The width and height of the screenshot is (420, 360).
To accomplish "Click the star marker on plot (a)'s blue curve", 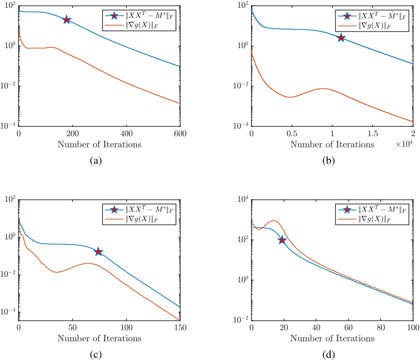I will pyautogui.click(x=66, y=20).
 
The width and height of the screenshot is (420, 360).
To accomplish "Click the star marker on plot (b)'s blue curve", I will pyautogui.click(x=341, y=37).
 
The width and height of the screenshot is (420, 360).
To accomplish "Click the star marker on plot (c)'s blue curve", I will pyautogui.click(x=98, y=252).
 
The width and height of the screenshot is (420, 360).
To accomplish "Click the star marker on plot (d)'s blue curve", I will pyautogui.click(x=282, y=240).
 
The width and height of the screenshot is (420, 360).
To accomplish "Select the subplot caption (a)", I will pyautogui.click(x=96, y=161).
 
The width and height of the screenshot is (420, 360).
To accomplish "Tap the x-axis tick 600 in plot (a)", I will pyautogui.click(x=180, y=134).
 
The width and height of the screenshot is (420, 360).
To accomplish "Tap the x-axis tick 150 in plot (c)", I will pyautogui.click(x=180, y=328).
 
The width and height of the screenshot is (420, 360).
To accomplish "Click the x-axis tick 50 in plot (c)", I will pyautogui.click(x=72, y=328).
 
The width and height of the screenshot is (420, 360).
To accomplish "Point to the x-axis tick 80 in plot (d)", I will pyautogui.click(x=380, y=328).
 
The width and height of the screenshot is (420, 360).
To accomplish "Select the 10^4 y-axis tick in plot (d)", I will pyautogui.click(x=242, y=200).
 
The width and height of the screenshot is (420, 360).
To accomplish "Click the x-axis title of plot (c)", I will pyautogui.click(x=99, y=338).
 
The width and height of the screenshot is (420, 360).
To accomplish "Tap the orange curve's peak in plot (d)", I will pyautogui.click(x=274, y=221).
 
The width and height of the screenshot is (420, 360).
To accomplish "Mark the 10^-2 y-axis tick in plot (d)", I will pyautogui.click(x=241, y=321).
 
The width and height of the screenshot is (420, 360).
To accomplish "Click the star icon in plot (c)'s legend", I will pyautogui.click(x=114, y=210).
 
